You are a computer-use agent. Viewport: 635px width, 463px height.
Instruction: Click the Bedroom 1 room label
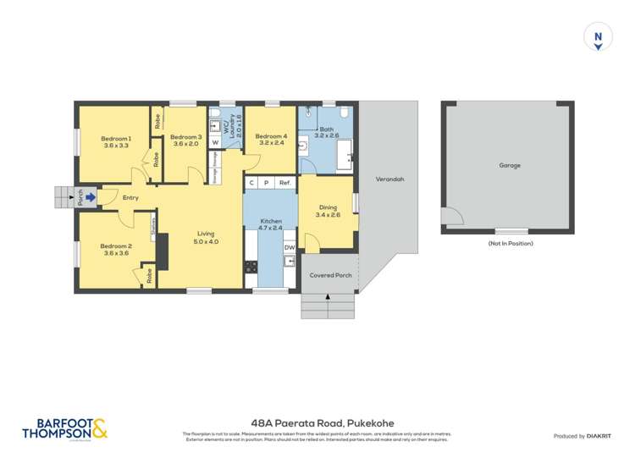tap(116, 138)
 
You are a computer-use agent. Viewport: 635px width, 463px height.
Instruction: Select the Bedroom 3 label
tap(185, 137)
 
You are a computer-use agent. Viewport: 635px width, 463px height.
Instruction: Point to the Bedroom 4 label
tap(272, 136)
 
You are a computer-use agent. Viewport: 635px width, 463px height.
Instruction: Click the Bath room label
tap(326, 129)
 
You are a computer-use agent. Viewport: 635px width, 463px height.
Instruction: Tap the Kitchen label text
tap(271, 222)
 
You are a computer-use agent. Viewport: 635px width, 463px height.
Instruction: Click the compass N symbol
tap(598, 36)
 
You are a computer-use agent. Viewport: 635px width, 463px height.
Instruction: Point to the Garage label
tap(509, 166)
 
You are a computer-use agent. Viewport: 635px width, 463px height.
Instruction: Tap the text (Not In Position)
tap(510, 244)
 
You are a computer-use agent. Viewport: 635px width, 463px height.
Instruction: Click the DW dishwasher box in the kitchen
tap(289, 247)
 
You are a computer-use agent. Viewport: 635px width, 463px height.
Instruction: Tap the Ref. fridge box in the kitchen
tap(285, 183)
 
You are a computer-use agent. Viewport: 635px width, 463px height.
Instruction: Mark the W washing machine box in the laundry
tap(215, 143)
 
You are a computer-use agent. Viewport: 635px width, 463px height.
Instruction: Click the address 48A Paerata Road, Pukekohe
tap(317, 423)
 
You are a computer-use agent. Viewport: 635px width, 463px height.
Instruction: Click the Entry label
tap(130, 198)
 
